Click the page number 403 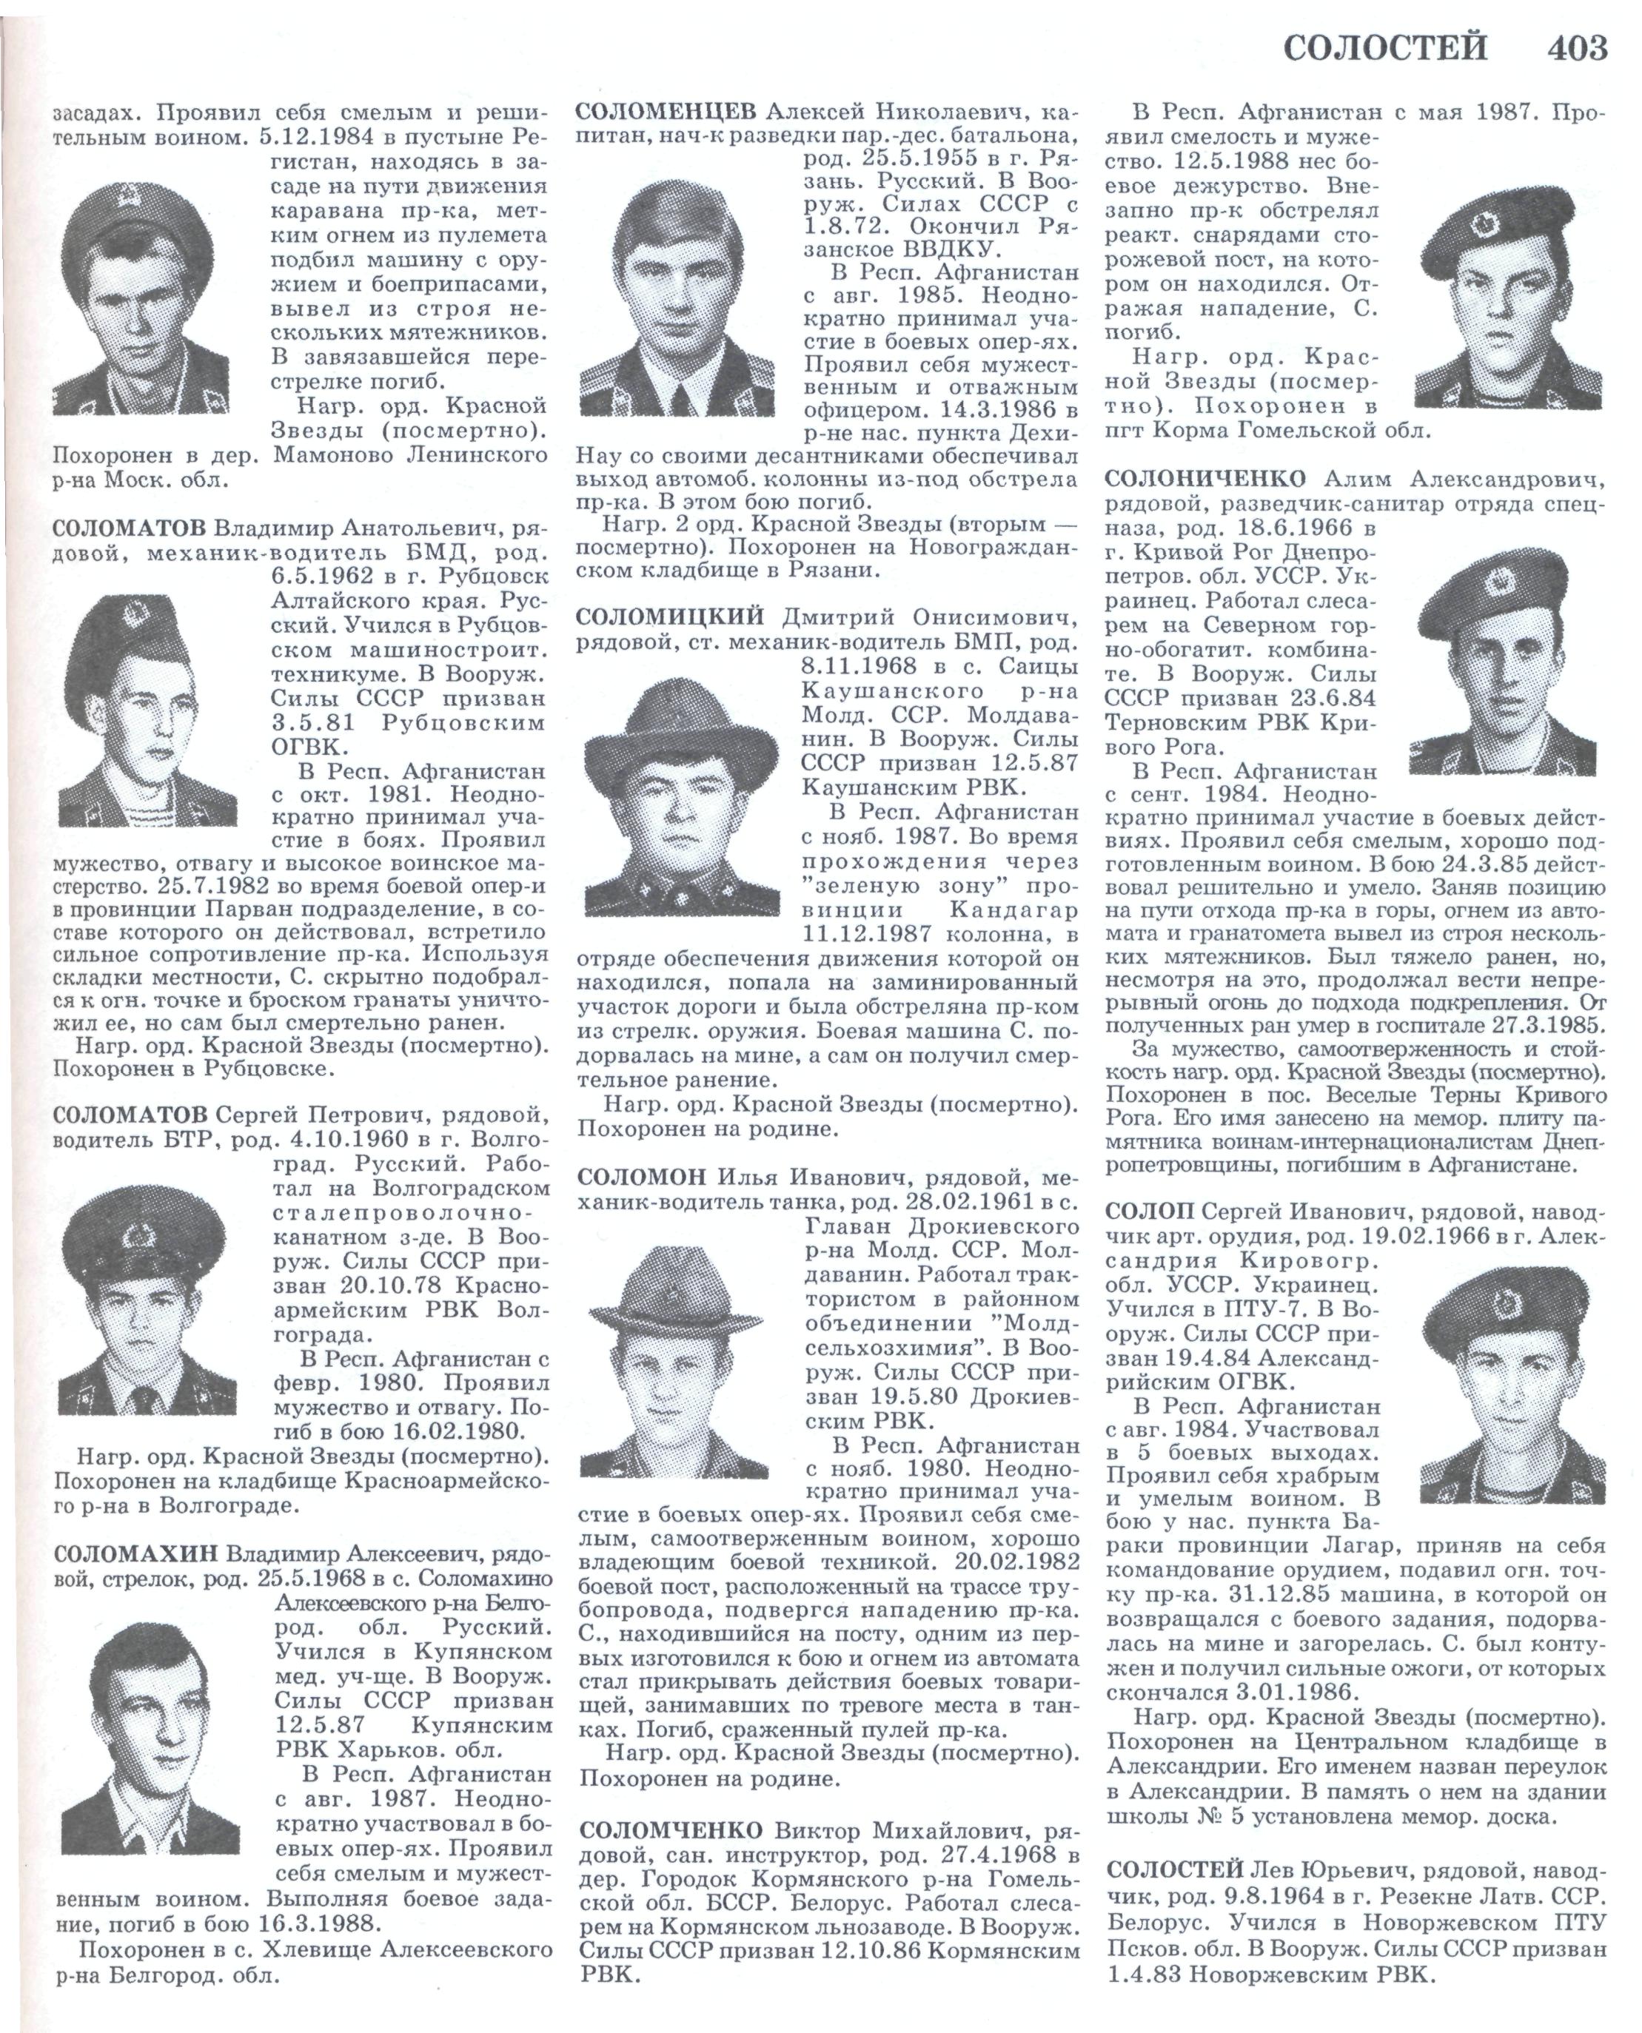1577,47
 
